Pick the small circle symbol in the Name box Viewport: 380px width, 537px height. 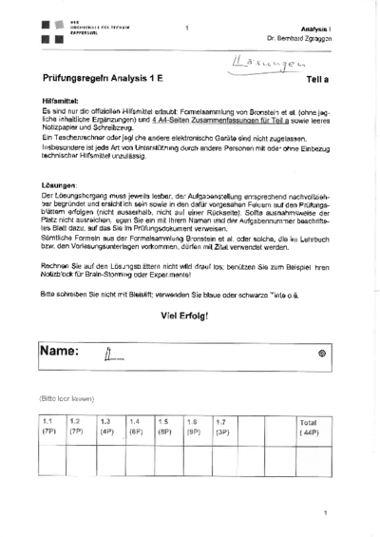pyautogui.click(x=321, y=353)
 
